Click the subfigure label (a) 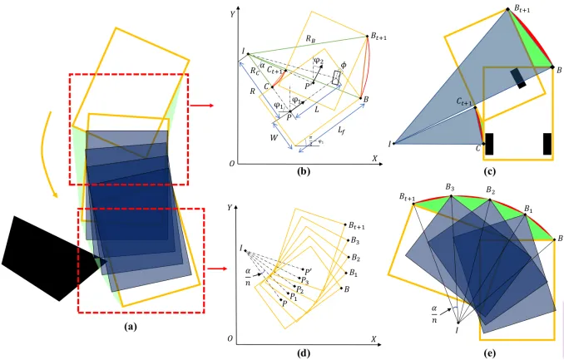129,326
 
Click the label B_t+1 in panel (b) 383,30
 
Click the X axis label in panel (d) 374,339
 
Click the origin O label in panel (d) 232,339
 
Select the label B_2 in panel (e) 491,191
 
